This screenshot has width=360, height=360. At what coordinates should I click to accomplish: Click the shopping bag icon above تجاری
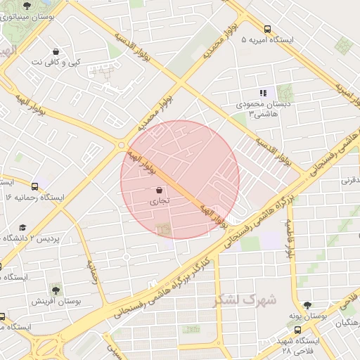click(159, 189)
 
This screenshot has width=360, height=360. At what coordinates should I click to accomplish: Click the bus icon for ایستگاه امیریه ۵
click(267, 29)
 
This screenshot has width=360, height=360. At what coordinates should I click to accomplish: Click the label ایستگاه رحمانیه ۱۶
click(34, 198)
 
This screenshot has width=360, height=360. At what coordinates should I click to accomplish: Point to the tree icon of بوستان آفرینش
click(55, 289)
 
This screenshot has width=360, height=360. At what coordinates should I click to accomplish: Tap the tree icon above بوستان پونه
click(307, 304)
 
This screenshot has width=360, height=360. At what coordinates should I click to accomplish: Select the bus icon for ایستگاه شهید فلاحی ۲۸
click(294, 329)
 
